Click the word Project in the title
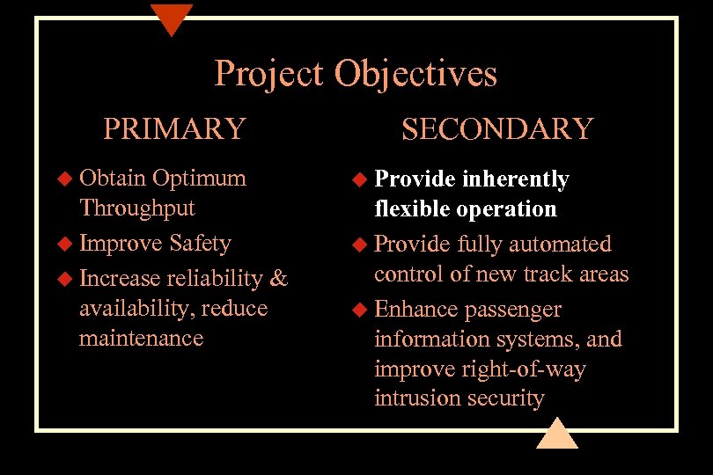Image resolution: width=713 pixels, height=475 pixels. (269, 74)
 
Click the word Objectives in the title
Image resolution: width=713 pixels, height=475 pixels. (415, 74)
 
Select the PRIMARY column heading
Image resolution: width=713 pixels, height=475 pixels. (174, 128)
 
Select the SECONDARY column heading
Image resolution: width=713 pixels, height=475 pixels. (497, 128)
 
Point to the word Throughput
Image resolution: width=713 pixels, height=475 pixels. (136, 208)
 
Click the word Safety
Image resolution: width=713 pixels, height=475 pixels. (201, 243)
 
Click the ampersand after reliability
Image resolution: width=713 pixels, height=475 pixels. (278, 279)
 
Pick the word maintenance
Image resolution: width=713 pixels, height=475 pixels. (141, 339)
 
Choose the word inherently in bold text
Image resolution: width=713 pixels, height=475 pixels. (516, 179)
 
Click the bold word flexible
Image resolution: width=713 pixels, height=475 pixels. (409, 209)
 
